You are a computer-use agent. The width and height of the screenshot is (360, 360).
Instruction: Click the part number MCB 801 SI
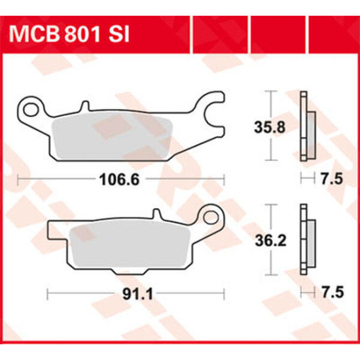click(69, 35)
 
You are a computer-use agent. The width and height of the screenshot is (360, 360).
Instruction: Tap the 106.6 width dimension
click(119, 179)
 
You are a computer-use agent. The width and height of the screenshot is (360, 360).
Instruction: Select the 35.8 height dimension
click(270, 127)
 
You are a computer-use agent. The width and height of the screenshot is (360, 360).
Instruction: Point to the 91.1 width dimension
click(137, 294)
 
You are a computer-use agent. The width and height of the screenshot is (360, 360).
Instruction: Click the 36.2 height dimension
click(271, 241)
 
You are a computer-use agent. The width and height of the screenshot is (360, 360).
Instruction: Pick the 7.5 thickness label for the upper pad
click(332, 179)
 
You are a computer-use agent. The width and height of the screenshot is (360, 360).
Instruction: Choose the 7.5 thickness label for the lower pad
click(333, 293)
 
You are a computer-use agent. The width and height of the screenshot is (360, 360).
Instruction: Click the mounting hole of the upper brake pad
click(31, 109)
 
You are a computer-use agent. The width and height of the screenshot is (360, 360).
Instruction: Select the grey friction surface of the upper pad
click(113, 135)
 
